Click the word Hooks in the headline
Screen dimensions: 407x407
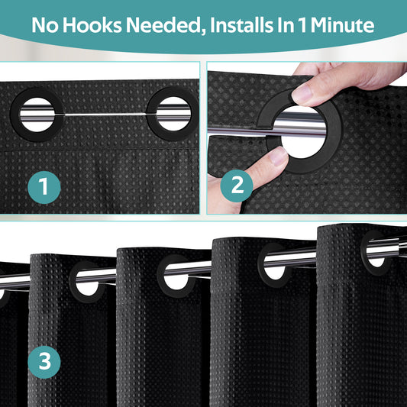pos(92,25)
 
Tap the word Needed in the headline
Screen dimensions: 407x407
pos(165,26)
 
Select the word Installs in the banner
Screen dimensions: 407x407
pos(241,25)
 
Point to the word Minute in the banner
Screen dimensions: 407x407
pos(342,25)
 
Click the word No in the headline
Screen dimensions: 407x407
pos(45,25)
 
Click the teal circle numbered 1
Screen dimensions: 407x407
pos(44,187)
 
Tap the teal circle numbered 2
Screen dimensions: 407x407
pos(237,186)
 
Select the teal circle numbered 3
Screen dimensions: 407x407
pos(44,362)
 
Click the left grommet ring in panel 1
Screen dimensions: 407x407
pos(15,115)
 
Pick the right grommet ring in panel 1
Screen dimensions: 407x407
pos(151,115)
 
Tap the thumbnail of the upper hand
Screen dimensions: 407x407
pos(302,93)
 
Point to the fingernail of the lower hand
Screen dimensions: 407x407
pos(279,156)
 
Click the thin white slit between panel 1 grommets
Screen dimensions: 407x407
pos(105,115)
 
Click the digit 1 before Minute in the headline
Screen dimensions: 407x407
pos(302,25)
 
